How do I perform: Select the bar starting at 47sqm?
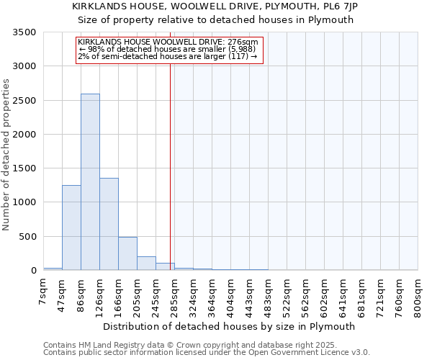click(x=71, y=228)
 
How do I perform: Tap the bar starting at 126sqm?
click(x=109, y=224)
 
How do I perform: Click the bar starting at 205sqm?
click(x=146, y=263)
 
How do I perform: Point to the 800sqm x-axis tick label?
click(x=418, y=294)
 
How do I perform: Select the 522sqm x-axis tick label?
click(x=287, y=294)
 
